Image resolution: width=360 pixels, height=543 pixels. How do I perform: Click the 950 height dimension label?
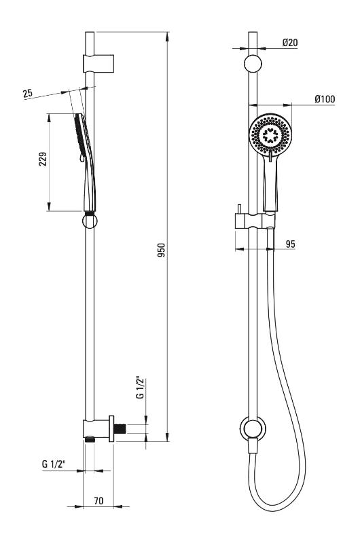pyautogui.click(x=161, y=250)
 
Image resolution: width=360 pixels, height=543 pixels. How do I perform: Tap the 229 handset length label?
pyautogui.click(x=43, y=159)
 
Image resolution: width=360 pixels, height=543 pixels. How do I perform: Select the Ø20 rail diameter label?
pyautogui.click(x=290, y=43)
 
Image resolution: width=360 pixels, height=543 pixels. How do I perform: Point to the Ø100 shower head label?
pyautogui.click(x=325, y=99)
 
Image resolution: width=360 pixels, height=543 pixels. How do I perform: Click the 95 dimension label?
pyautogui.click(x=290, y=244)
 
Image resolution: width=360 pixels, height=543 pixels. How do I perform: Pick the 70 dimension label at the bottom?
pyautogui.click(x=98, y=501)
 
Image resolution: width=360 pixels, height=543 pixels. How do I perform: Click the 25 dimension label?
pyautogui.click(x=28, y=93)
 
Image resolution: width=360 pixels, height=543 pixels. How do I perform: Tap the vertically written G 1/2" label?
pyautogui.click(x=141, y=387)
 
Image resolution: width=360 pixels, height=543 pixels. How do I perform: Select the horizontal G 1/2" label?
pyautogui.click(x=54, y=464)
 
